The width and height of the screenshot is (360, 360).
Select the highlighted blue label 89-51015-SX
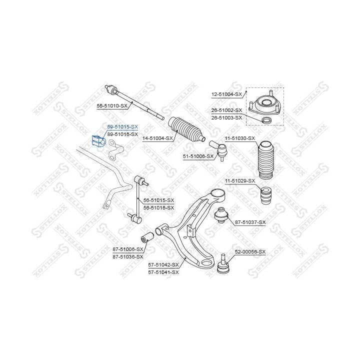coord(122,127)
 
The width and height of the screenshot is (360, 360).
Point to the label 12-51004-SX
coord(226,94)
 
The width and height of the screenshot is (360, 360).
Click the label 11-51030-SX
coord(239,138)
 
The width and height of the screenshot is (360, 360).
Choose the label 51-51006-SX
coord(198,156)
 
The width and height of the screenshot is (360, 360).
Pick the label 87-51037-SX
coord(250,222)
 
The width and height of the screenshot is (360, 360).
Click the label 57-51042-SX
coord(163,265)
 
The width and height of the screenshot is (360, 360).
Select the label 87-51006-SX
coord(127,249)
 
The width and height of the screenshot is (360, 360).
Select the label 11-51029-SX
coord(239,180)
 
